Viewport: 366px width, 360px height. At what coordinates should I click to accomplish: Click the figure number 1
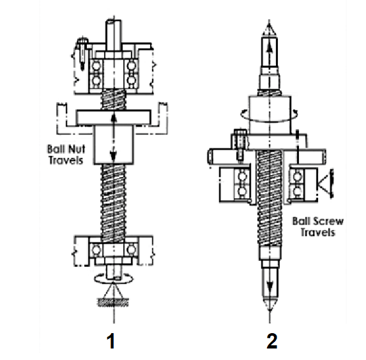111,341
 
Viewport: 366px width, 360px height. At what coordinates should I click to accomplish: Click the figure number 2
272,341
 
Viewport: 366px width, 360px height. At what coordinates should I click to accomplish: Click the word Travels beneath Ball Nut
66,160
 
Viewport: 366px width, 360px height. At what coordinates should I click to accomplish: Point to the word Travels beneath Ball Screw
318,232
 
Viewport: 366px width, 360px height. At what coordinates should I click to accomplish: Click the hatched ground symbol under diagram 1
113,302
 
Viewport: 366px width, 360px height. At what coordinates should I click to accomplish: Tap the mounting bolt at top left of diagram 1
83,52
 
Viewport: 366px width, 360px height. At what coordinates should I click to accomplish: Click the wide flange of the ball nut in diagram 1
114,117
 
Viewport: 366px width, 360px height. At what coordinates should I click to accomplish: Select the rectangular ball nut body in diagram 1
114,145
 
